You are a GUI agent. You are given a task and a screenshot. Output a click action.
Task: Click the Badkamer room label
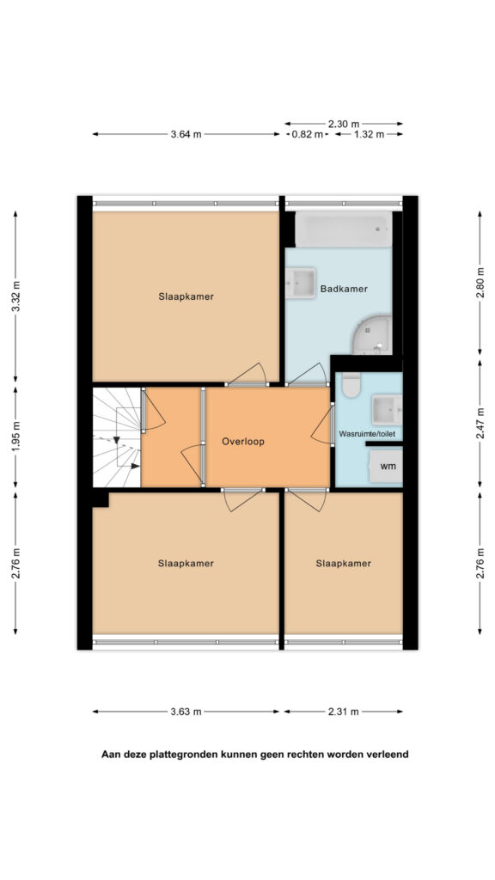(x=344, y=289)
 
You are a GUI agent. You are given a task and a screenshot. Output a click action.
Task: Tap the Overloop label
(x=242, y=442)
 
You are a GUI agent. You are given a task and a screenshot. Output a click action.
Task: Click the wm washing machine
(x=386, y=467)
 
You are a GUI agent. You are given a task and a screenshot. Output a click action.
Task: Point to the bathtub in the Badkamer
(x=344, y=229)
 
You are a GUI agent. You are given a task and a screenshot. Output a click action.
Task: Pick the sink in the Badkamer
(x=300, y=284)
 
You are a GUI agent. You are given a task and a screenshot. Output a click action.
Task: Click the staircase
(x=117, y=437)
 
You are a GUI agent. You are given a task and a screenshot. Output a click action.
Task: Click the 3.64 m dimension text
(x=186, y=134)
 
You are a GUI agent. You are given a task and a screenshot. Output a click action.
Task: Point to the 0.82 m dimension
(x=308, y=134)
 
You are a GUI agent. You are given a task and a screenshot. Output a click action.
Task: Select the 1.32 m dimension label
(x=369, y=134)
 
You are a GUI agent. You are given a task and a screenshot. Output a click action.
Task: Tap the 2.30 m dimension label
(x=344, y=124)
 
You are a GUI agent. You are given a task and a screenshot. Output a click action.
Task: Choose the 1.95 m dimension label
(x=15, y=437)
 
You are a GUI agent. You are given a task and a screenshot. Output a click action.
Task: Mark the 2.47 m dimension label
(x=480, y=431)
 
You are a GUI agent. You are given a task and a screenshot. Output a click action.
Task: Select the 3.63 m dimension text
(x=186, y=712)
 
